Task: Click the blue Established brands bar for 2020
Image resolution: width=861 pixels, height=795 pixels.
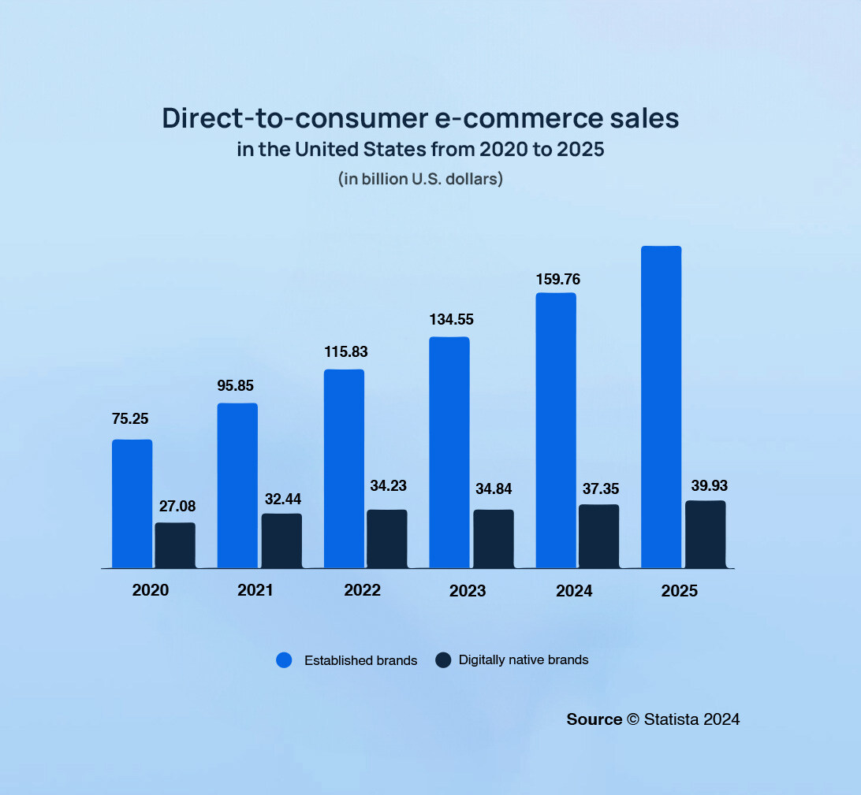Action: click(132, 503)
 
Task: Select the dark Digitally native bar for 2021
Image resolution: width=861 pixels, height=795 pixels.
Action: click(281, 541)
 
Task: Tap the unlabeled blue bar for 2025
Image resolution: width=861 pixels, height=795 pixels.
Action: click(661, 407)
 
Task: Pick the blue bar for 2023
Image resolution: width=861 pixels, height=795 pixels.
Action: click(449, 452)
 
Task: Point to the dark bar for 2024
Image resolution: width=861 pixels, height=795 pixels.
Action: click(598, 536)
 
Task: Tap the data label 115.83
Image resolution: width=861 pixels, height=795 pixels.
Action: click(345, 351)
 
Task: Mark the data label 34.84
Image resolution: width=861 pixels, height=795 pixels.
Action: click(494, 489)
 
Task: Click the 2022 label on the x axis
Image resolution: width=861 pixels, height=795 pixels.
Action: click(362, 590)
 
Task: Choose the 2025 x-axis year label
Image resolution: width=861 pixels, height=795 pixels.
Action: click(680, 590)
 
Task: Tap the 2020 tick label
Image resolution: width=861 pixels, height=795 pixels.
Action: click(150, 590)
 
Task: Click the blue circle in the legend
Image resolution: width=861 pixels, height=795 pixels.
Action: click(284, 660)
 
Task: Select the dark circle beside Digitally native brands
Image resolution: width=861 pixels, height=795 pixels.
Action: click(442, 660)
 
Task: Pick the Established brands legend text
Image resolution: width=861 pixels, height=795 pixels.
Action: click(360, 660)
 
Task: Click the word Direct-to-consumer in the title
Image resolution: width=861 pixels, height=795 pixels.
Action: click(284, 118)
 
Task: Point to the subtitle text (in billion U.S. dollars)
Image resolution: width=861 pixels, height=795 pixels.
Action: click(420, 179)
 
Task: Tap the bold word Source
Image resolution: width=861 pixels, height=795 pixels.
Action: click(594, 719)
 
